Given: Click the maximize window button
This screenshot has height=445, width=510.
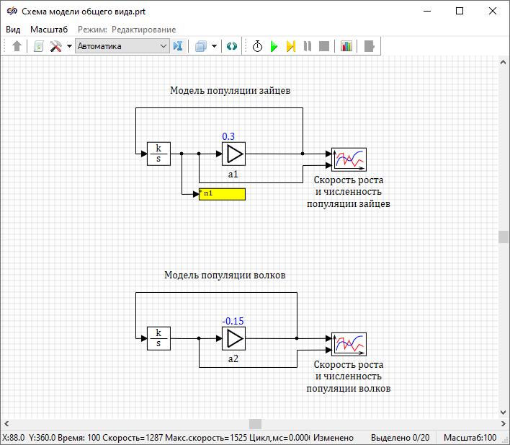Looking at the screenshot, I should tap(460, 12).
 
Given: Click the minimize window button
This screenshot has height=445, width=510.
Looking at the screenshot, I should tap(427, 12).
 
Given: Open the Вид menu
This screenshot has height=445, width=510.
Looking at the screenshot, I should tap(13, 29).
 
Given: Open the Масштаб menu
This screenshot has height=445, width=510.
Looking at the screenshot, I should tap(49, 29).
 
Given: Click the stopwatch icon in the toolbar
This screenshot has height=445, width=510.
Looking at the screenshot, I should tap(257, 46).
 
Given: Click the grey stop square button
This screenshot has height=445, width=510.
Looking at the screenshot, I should tap(324, 46).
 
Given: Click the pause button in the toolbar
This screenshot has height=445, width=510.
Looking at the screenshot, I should tap(308, 46).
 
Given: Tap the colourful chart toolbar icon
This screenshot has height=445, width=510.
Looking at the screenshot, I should tap(346, 46).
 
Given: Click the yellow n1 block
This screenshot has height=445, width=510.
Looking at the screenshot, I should tap(222, 194).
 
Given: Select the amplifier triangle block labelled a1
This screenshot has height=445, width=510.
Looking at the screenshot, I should tap(233, 154).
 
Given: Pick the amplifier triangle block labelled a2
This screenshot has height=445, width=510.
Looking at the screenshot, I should tap(233, 338).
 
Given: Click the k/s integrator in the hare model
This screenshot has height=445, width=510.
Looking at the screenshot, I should tap(158, 154).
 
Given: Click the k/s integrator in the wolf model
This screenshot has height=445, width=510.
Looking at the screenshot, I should tap(158, 338).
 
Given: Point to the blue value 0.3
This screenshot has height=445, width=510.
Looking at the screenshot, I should tap(228, 136).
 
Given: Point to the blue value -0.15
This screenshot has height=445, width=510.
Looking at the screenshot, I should tap(233, 321).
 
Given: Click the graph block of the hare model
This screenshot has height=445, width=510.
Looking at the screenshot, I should tap(349, 159).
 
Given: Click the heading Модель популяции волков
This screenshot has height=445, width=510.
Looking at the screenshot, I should tap(225, 276).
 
